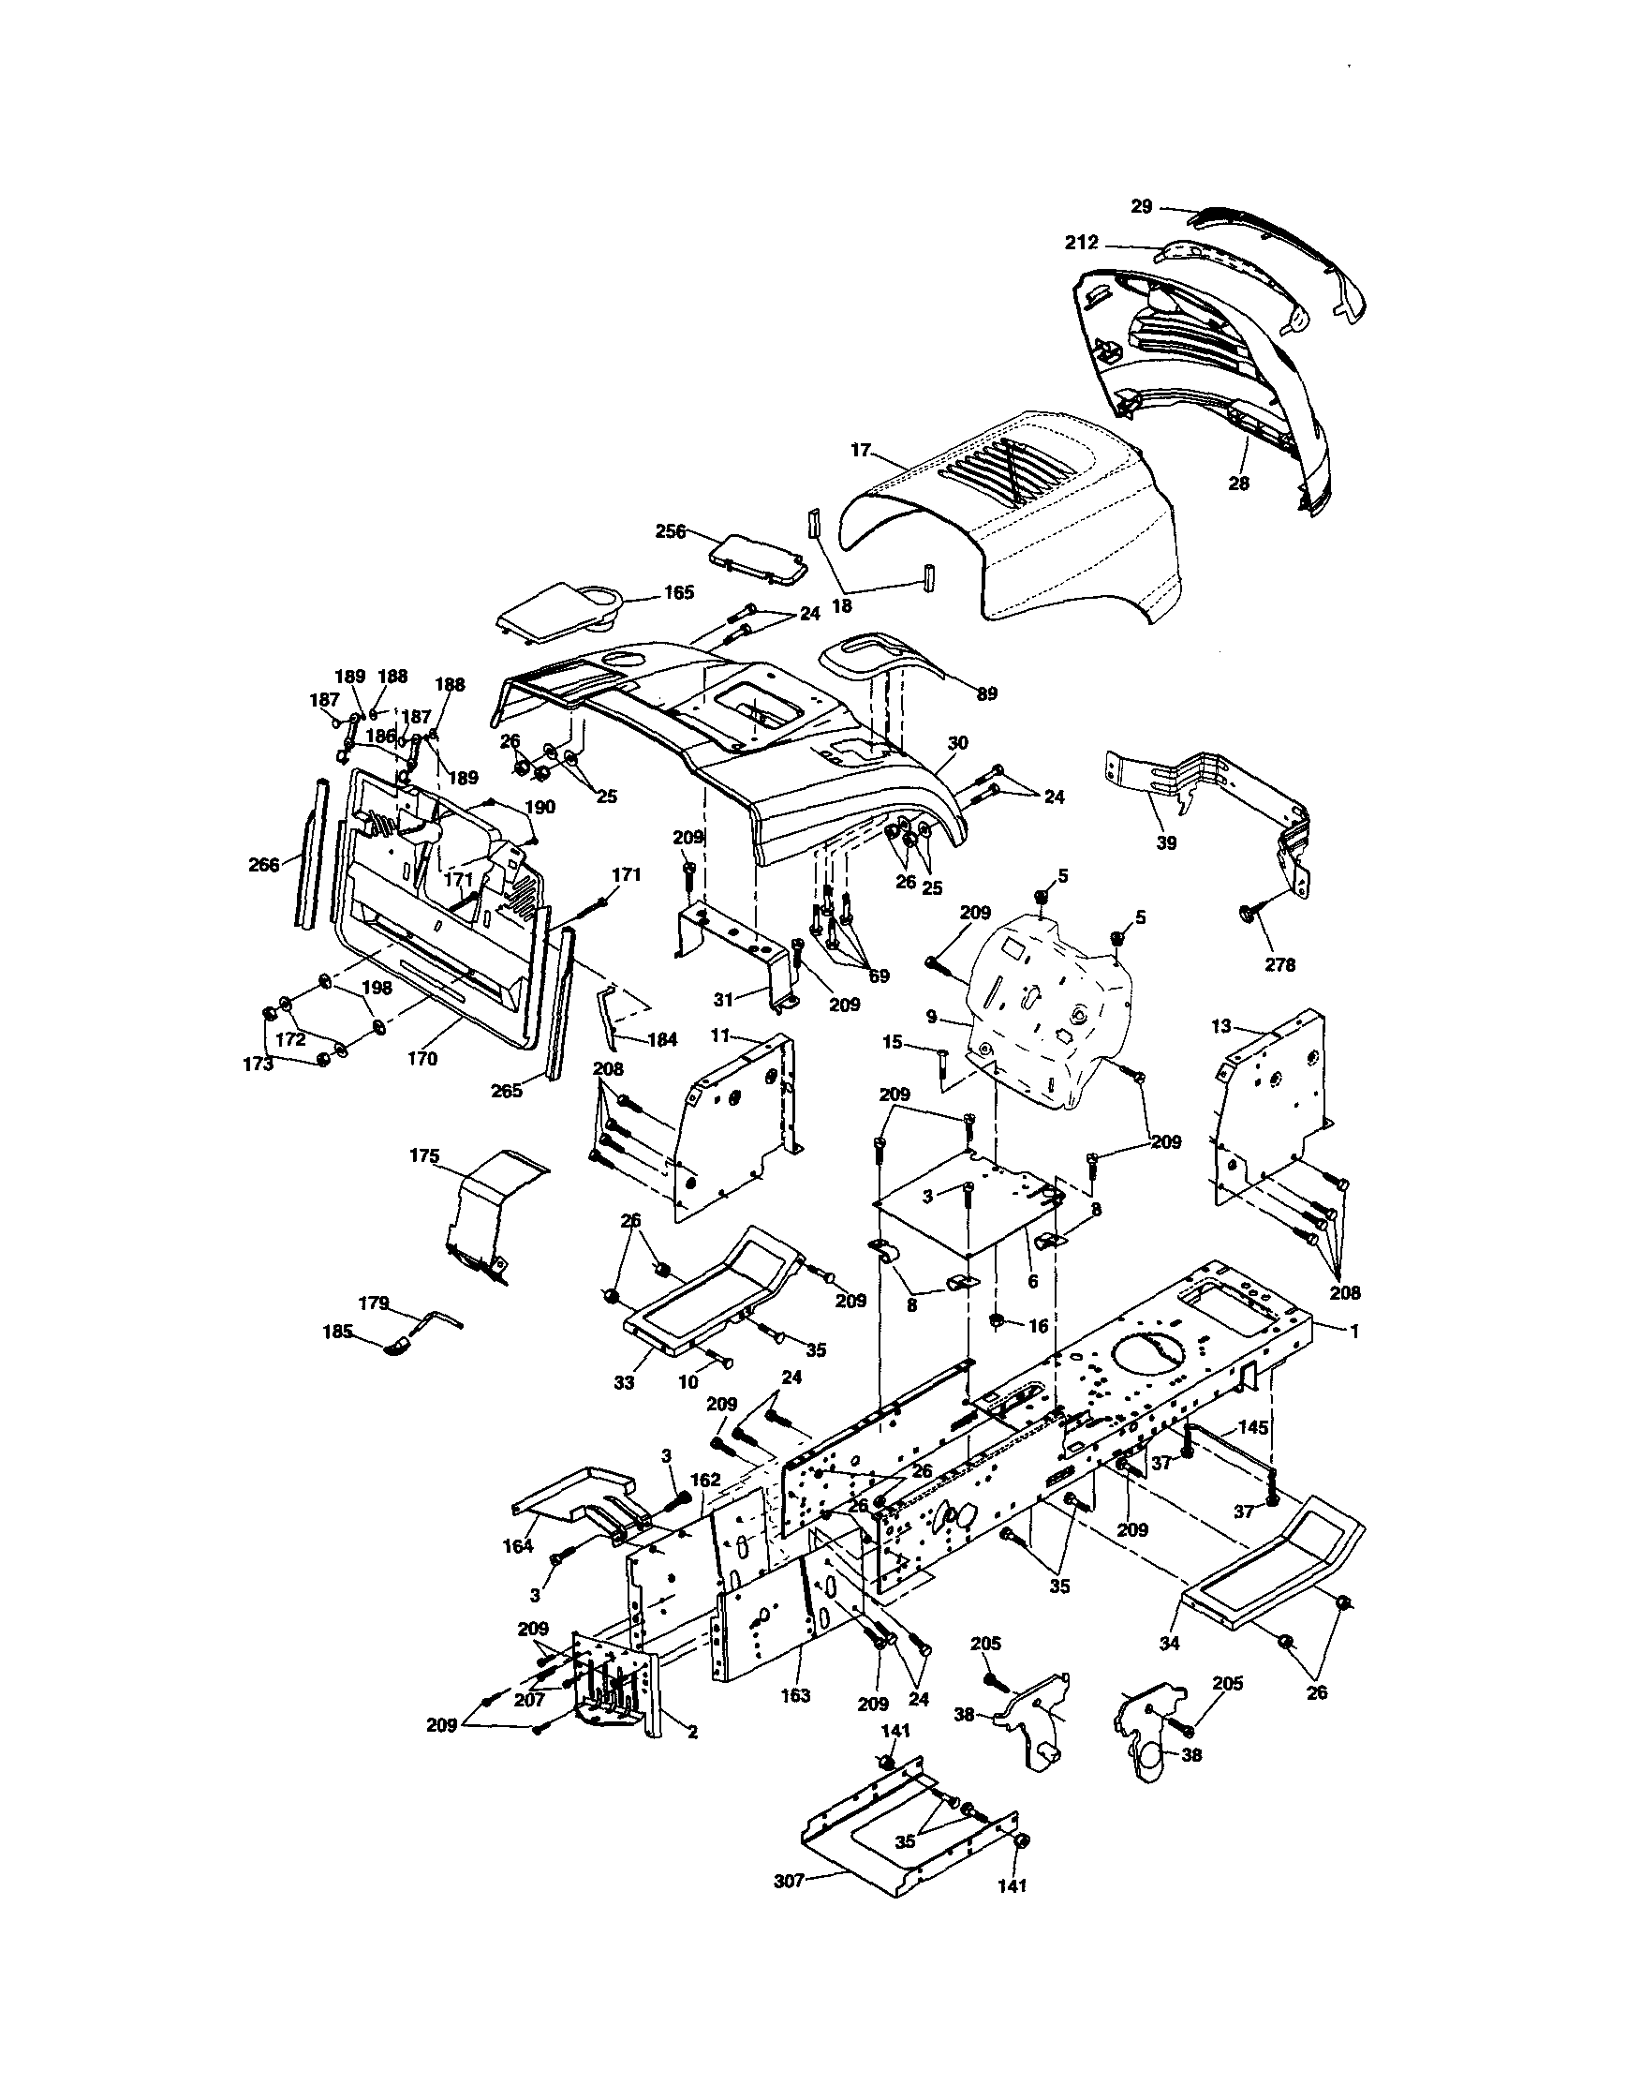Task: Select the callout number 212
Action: [1082, 244]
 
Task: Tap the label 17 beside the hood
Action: [861, 449]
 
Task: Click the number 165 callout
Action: [679, 592]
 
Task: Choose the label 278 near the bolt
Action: [1280, 964]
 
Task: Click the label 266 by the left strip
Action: [263, 864]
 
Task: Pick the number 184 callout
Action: [662, 1039]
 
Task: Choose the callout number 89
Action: [987, 693]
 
